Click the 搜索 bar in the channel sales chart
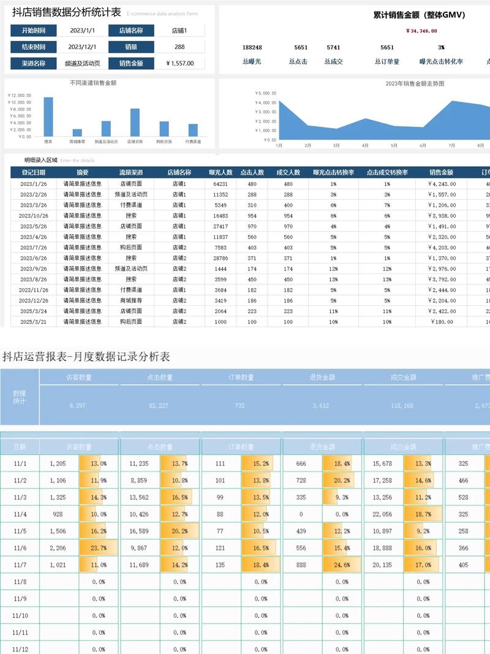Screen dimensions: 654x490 click(x=48, y=116)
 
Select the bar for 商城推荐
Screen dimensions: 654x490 click(x=77, y=132)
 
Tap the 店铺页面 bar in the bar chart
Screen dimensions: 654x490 click(x=135, y=123)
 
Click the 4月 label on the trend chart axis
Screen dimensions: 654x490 click(x=365, y=146)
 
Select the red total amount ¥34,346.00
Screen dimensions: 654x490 click(x=421, y=31)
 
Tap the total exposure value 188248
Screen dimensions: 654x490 click(x=252, y=47)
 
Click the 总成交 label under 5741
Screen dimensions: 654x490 click(x=333, y=61)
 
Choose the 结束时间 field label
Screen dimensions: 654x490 click(x=33, y=47)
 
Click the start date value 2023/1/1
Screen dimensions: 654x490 click(x=81, y=30)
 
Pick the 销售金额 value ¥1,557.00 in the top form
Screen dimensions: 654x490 click(x=180, y=63)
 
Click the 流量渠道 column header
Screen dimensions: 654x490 click(x=130, y=173)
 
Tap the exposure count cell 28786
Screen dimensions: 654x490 click(x=221, y=258)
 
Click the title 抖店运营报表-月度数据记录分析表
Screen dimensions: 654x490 click(x=86, y=356)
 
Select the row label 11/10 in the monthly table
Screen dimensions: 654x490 click(x=20, y=615)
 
